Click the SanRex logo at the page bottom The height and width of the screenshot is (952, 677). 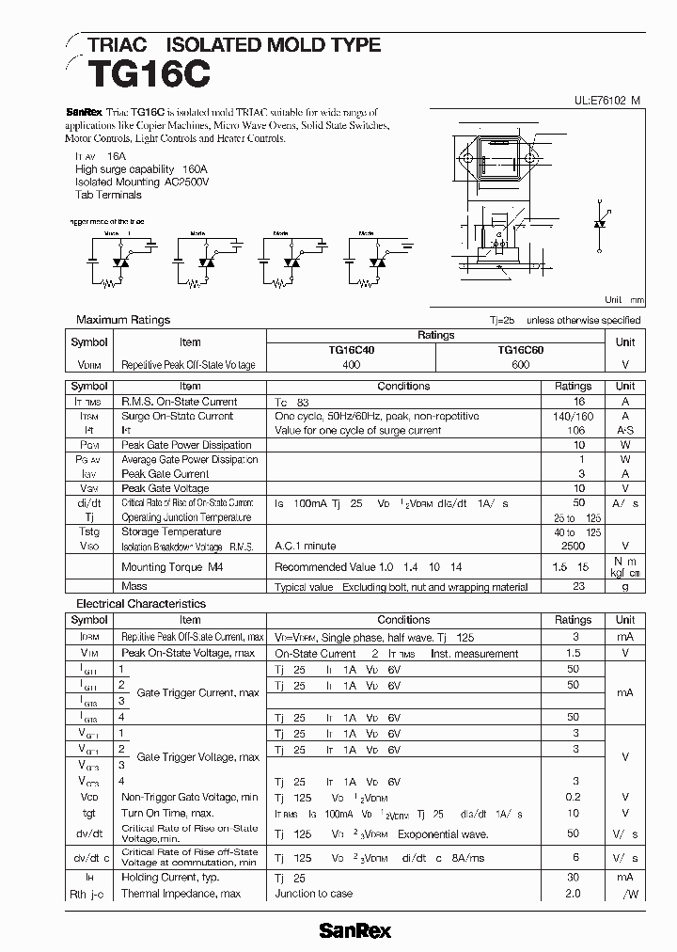click(354, 931)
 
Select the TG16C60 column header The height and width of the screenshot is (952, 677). click(520, 349)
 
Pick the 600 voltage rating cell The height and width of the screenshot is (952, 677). click(520, 364)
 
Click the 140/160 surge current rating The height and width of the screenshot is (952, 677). click(573, 416)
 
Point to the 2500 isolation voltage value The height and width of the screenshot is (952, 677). click(573, 546)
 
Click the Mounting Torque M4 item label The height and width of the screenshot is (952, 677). click(172, 568)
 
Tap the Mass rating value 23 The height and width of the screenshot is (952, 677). click(579, 586)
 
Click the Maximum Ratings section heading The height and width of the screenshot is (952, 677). click(123, 320)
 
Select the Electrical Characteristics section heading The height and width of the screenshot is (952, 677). click(141, 604)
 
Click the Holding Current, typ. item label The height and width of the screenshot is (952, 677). click(170, 877)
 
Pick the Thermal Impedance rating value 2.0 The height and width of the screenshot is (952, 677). click(573, 894)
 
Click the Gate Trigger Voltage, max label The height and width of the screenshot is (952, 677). click(198, 757)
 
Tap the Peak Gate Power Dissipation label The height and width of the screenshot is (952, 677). click(187, 445)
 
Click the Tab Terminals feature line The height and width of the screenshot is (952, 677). click(109, 196)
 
